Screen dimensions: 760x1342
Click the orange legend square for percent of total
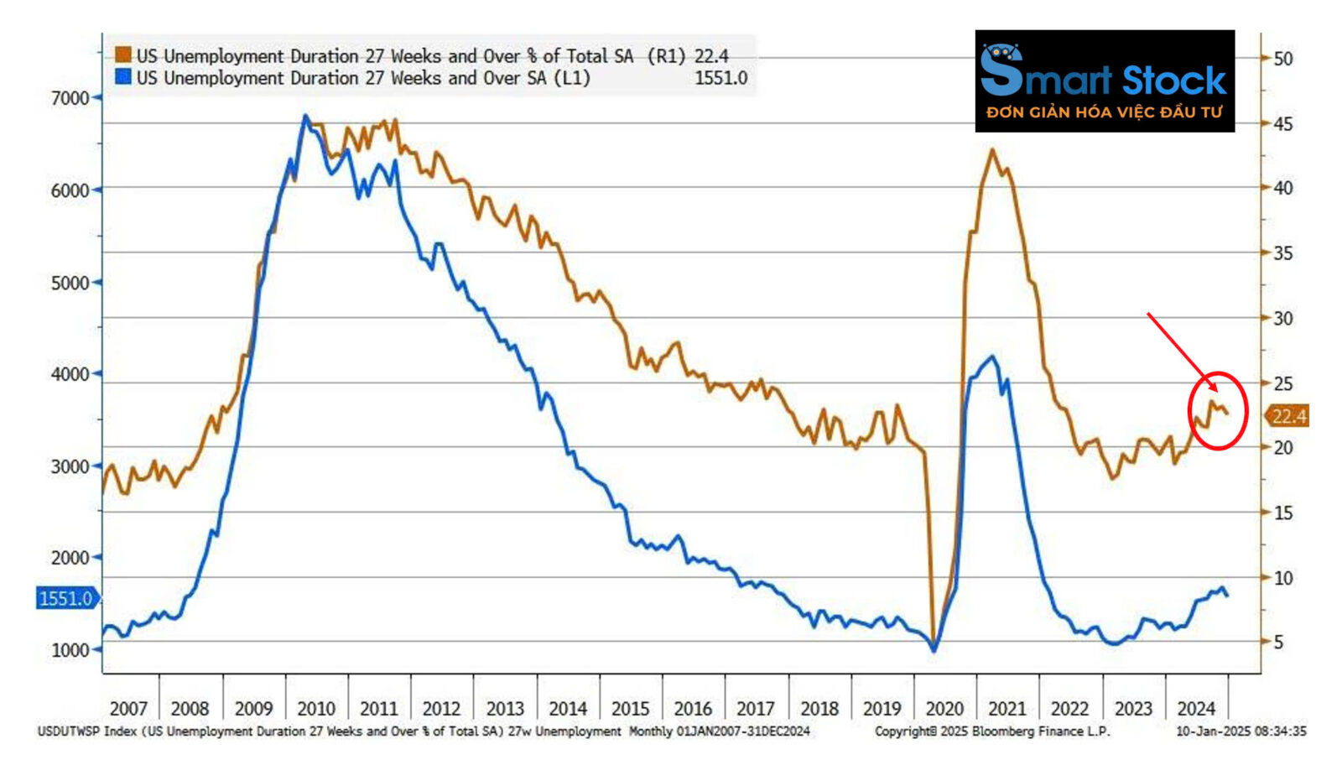click(123, 55)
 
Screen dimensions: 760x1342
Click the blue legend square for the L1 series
click(123, 77)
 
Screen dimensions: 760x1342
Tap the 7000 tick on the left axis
click(70, 98)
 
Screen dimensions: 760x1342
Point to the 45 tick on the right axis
click(1282, 123)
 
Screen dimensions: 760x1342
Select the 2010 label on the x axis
click(316, 709)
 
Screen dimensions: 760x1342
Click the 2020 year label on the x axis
click(944, 709)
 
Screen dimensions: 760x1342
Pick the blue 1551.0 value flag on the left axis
click(66, 598)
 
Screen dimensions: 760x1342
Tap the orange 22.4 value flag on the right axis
click(1288, 416)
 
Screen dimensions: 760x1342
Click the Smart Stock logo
click(1104, 81)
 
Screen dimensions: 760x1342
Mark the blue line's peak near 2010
click(305, 116)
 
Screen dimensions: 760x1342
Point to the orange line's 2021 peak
click(992, 150)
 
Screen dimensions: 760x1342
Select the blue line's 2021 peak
click(993, 357)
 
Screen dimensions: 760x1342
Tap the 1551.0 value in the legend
click(720, 78)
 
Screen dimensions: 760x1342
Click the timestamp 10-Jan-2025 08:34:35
click(1241, 731)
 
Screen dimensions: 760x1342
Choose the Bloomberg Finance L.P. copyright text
click(991, 731)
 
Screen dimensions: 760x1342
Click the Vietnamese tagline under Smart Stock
click(1104, 112)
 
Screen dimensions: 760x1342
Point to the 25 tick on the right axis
click(1282, 383)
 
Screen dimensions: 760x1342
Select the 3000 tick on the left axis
click(70, 466)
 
